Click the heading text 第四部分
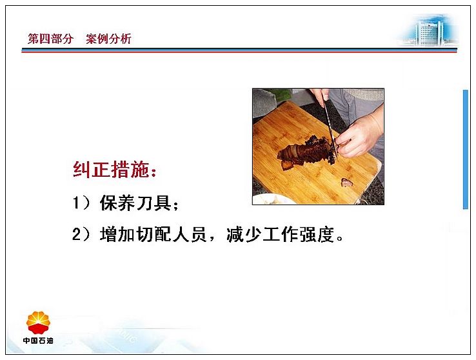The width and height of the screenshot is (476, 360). coord(50,39)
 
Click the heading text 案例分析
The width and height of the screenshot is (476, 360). coord(108,39)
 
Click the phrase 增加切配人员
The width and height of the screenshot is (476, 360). coord(154,234)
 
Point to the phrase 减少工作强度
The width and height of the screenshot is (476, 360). coord(281,234)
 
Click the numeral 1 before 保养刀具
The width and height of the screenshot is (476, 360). coord(76,203)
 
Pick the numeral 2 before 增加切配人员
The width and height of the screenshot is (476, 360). coord(77,234)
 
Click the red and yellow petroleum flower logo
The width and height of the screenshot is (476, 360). coord(38,322)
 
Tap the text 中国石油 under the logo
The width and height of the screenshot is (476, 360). coord(38,341)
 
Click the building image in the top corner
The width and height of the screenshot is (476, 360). coord(429,31)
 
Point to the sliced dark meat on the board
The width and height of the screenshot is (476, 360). coord(306,152)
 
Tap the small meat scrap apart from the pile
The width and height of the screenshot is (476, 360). coord(346,182)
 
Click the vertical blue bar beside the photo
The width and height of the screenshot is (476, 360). coord(466,149)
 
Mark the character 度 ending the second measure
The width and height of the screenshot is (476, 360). coord(326,234)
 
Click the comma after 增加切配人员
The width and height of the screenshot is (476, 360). coord(212,239)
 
